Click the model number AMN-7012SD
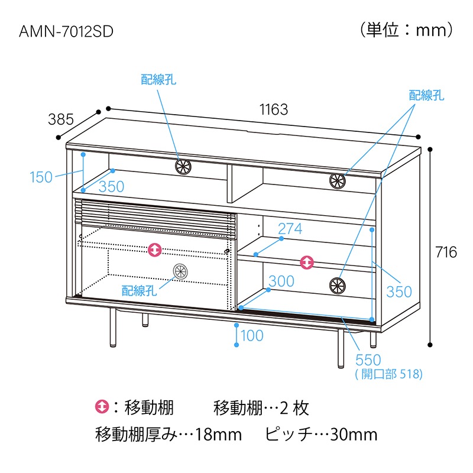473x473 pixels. tap(66, 31)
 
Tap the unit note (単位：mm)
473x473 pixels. tap(406, 30)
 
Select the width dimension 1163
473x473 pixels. tap(274, 109)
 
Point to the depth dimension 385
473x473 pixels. tap(61, 119)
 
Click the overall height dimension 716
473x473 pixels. tap(446, 252)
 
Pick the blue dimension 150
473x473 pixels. tap(41, 177)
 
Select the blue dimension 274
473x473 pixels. tap(290, 229)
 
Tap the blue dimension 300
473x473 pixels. tap(281, 281)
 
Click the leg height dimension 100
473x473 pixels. tap(252, 335)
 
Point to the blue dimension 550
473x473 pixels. tap(368, 359)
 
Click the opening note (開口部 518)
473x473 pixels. tap(389, 374)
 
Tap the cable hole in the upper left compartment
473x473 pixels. tap(183, 166)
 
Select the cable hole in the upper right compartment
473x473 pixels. tap(337, 181)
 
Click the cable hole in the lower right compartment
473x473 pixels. tap(337, 286)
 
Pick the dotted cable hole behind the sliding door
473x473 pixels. tap(180, 271)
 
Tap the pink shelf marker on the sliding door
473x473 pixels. tap(155, 250)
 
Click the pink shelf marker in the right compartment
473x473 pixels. tap(307, 262)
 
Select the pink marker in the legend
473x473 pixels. tap(102, 407)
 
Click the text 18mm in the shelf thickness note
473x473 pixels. tap(218, 435)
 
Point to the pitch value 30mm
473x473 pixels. tap(354, 435)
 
